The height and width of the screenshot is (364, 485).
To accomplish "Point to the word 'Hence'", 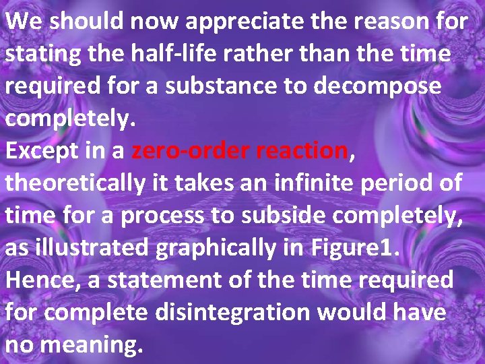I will (42, 280).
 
